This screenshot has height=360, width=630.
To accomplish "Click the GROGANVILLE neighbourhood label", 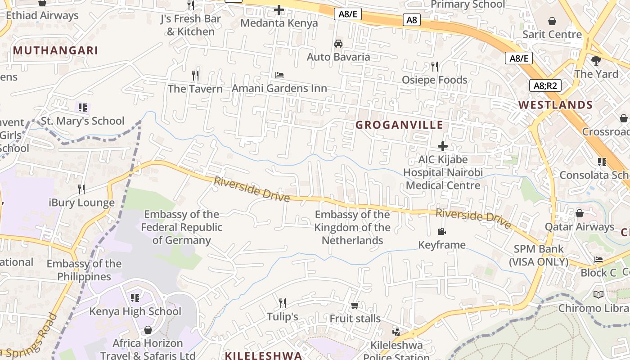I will [399, 125].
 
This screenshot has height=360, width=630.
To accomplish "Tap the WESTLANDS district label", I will [555, 105].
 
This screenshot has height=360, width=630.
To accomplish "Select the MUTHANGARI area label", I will [55, 50].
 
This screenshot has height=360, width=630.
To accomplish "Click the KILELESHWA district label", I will [263, 355].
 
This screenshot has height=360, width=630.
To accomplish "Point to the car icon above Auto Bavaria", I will [338, 44].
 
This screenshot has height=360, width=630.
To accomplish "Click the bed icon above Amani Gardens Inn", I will [279, 75].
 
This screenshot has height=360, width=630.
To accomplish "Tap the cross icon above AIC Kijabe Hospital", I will [443, 146].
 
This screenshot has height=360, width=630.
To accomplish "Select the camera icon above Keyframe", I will [441, 231].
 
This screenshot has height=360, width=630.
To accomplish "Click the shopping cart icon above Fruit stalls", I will [355, 306].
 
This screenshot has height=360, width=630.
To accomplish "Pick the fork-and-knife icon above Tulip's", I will [283, 303].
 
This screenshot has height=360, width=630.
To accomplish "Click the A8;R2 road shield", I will [545, 85].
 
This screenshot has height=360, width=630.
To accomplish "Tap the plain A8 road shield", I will [412, 20].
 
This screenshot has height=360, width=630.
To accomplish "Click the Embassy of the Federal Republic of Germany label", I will [181, 227].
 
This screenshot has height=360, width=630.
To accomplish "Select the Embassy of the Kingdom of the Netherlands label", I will [352, 227].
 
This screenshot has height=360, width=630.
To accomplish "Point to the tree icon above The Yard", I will [596, 60].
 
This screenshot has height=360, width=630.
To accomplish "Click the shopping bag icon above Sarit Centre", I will [552, 21].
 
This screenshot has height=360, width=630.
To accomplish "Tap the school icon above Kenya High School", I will [135, 297].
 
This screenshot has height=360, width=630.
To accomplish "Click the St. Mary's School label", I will [82, 121].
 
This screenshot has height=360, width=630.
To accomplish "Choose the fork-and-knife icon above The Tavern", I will [195, 75].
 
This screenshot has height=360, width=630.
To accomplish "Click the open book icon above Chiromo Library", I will [598, 294].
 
